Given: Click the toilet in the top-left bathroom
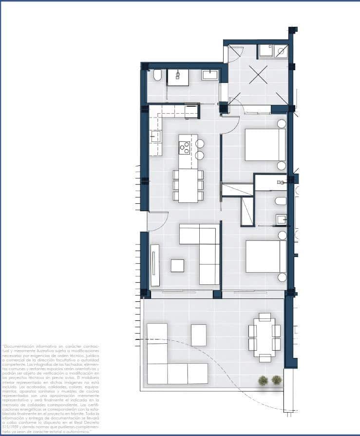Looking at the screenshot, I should coord(157,76).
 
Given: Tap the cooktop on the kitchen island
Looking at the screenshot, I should coord(185,147).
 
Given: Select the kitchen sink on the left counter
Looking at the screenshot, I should coord(155,137).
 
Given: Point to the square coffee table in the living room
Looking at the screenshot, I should coord(177,265).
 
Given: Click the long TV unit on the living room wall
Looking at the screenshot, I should coord(155,265).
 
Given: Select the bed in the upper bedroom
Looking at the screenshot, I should coord(265,145).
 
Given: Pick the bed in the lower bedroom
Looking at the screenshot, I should coord(265,256).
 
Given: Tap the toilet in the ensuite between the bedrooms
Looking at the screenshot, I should coord(281,201).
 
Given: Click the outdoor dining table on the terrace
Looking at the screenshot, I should coord(265,337).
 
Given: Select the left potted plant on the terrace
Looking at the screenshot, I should coord(263,380).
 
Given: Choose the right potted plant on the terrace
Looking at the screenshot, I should coord(277,380).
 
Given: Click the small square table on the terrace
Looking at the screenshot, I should coord(198,335).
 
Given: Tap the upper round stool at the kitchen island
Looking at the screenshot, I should coord(200,144).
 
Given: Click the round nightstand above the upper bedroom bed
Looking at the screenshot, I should coord(282,124).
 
